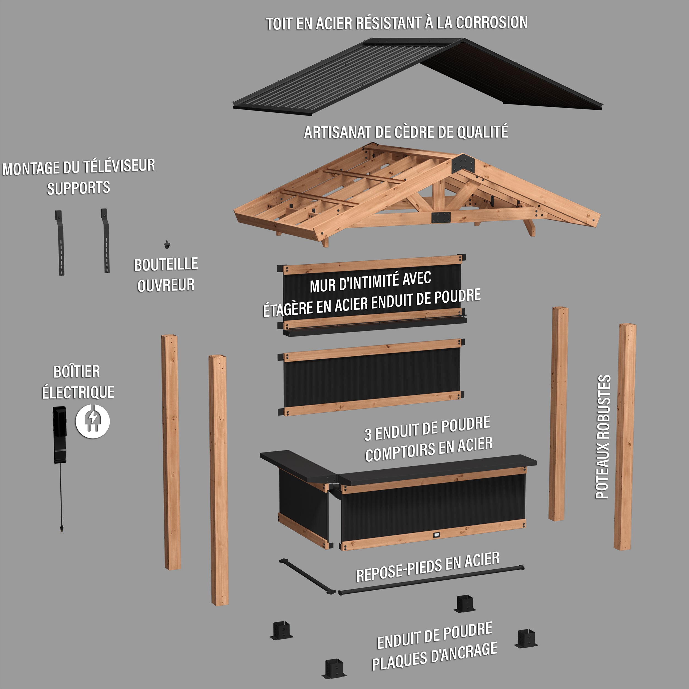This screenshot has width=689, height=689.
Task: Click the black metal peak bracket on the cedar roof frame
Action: coord(464,164)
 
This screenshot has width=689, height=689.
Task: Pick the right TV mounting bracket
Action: coord(105,241)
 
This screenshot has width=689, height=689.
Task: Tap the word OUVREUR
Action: coord(166,285)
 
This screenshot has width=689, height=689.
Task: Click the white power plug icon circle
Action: coord(92,421)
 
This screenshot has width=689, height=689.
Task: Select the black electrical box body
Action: coord(60,433)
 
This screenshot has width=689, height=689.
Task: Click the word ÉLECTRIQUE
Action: coord(78,392)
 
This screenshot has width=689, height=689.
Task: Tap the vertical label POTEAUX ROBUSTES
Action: coord(603,437)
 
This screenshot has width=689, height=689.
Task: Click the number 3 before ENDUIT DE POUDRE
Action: coord(368,434)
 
